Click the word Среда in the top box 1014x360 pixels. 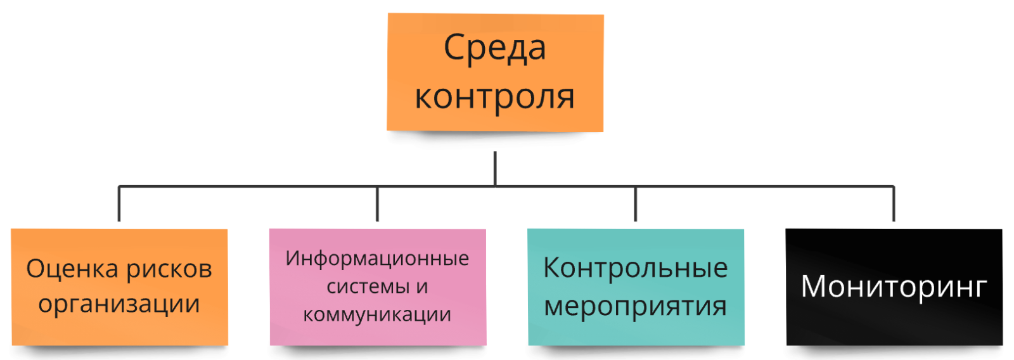494,48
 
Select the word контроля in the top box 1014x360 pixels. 494,97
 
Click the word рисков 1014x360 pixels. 169,269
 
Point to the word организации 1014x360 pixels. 119,304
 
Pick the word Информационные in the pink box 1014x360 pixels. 377,259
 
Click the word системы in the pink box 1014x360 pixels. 368,286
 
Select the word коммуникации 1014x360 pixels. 377,314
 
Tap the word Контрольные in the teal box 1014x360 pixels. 636,268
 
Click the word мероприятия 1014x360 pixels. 636,306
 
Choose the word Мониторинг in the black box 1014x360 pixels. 894,286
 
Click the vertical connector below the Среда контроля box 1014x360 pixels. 495,168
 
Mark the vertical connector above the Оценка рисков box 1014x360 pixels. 119,204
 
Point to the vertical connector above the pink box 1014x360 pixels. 377,204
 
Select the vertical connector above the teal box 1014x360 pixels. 636,204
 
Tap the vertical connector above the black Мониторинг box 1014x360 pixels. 894,204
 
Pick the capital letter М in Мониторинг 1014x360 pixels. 813,286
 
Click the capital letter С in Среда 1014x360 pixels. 453,48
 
